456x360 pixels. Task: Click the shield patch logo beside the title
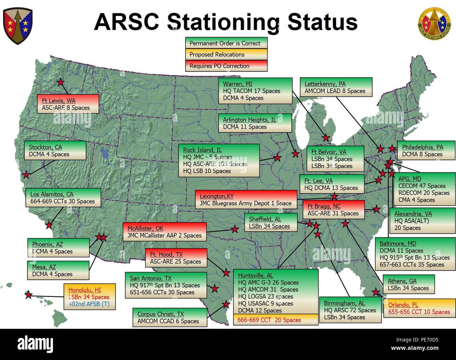pos(18,26)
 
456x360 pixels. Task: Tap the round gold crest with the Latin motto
pos(434,24)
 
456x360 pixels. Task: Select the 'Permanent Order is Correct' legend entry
pos(226,43)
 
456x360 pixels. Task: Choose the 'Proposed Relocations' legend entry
pos(226,54)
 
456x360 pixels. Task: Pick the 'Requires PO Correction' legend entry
pos(226,66)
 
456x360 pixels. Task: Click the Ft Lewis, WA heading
pos(59,101)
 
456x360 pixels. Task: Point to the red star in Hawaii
pos(28,294)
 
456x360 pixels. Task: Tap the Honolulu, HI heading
pos(85,290)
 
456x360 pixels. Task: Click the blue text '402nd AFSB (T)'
pos(89,304)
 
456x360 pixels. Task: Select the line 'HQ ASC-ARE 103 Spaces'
pos(215,164)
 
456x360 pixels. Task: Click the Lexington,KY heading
pos(216,196)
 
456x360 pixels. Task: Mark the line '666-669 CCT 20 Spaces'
pos(269,320)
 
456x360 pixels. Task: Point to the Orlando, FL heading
pos(403,305)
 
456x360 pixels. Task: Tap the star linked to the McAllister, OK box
pos(235,229)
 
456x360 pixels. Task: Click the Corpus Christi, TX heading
pos(161,314)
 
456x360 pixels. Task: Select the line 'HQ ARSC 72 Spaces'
pos(350,310)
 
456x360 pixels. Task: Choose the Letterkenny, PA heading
pos(325,84)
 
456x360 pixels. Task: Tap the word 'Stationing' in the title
pos(224,22)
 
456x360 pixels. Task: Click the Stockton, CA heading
pos(45,147)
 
